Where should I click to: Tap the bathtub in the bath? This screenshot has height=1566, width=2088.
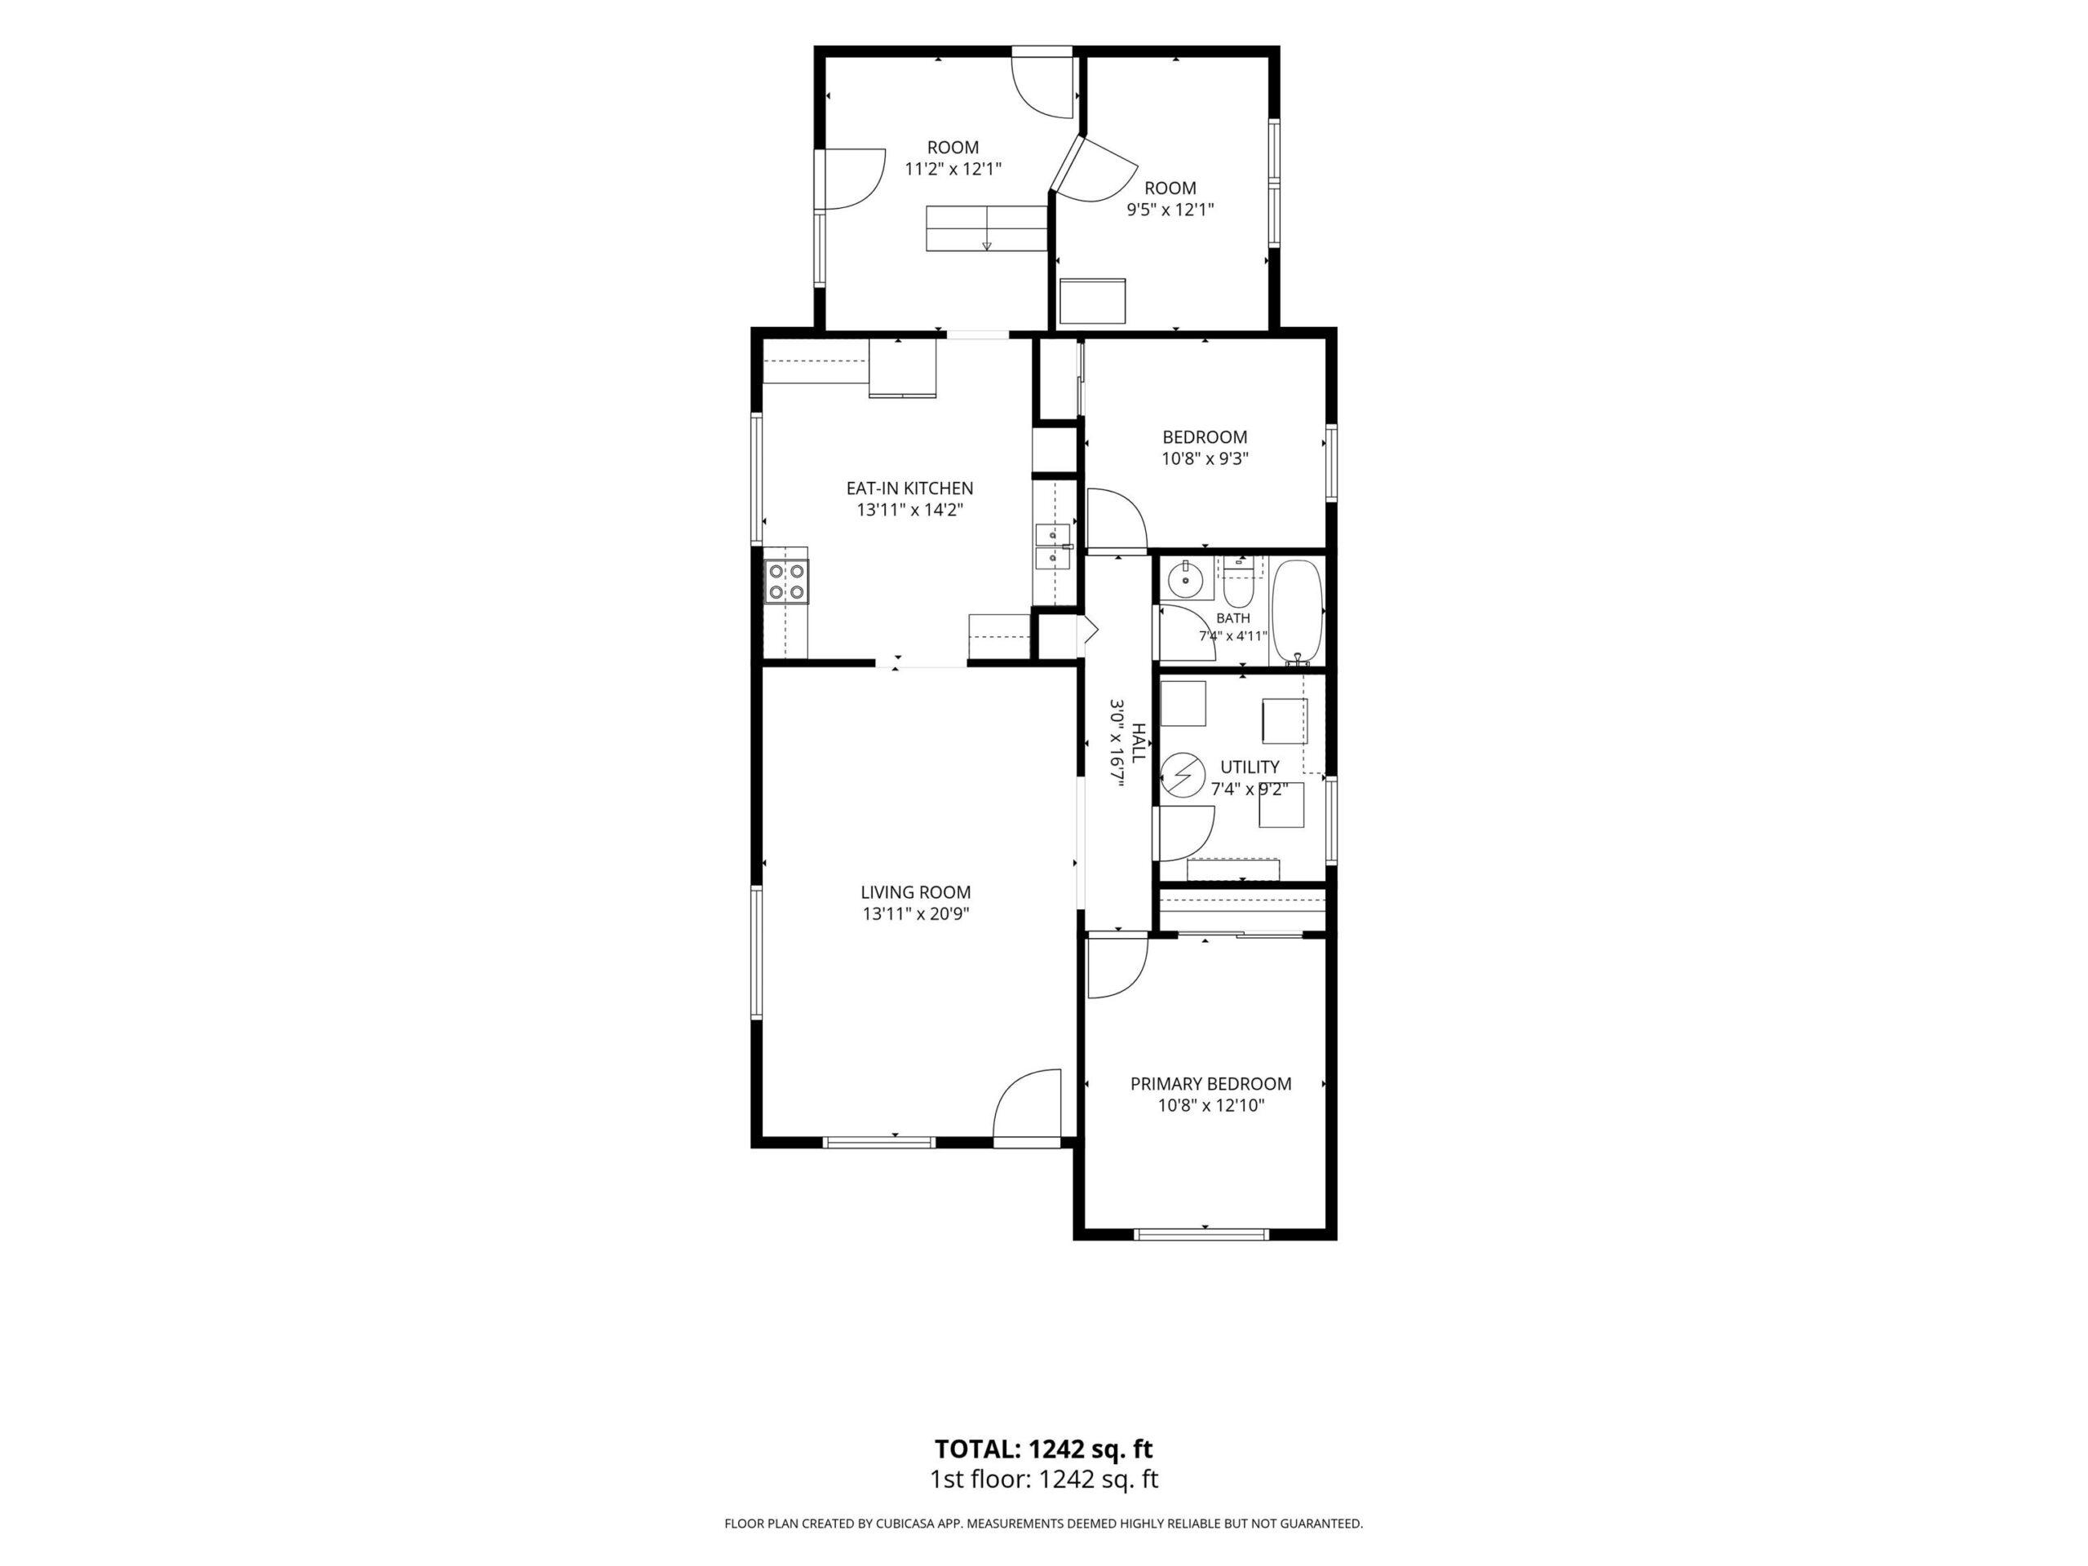pos(1298,613)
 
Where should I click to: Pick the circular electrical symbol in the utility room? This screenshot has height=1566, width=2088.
pos(1179,776)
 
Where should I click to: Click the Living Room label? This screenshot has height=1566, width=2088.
pos(916,892)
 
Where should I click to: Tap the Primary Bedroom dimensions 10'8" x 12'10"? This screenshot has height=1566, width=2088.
pos(1211,1105)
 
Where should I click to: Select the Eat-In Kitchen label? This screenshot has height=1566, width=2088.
pos(909,488)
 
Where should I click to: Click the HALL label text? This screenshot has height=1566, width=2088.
pos(1139,743)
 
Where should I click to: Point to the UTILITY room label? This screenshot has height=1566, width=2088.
pos(1250,767)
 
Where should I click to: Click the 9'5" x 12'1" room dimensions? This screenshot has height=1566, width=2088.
pos(1170,210)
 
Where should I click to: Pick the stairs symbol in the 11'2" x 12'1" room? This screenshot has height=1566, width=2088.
pos(986,228)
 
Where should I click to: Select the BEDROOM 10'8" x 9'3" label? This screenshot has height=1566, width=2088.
pos(1205,448)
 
